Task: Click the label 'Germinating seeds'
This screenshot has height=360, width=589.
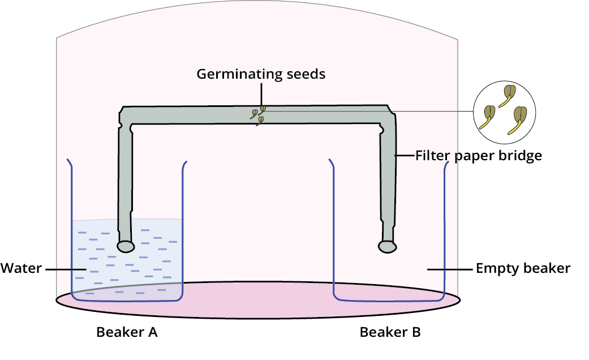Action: coord(261,74)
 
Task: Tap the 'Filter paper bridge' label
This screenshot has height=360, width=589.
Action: coord(479,155)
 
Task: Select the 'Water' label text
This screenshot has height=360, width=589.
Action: coord(21,268)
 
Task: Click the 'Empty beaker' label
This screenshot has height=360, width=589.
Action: coord(523,268)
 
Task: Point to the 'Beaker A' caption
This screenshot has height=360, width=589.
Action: coord(127,332)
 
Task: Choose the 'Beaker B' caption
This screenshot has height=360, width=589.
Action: coord(390,332)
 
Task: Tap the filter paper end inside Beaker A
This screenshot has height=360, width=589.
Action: coord(126,246)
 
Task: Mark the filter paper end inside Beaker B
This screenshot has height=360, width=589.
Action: coord(387,246)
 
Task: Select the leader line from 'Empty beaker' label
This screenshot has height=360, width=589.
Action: coord(450,269)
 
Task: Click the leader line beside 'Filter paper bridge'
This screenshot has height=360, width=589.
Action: coord(405,155)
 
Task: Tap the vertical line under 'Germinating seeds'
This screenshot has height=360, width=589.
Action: coord(261,93)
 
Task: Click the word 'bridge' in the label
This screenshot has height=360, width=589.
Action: coord(517,155)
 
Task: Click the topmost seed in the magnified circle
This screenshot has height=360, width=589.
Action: coord(510,92)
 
